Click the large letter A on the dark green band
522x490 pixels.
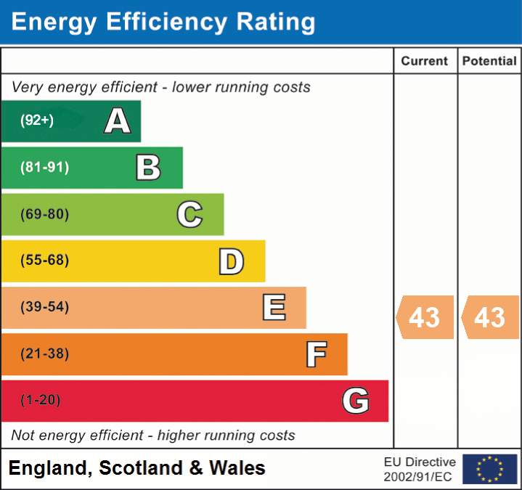click(118, 121)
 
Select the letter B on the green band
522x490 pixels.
click(148, 168)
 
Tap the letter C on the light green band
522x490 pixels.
click(189, 214)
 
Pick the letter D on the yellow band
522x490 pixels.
click(231, 261)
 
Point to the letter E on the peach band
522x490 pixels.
click(273, 308)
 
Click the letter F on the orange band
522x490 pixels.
click(315, 354)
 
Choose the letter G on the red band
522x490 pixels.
click(356, 401)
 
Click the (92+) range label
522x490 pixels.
click(37, 121)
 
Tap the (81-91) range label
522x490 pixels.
click(45, 168)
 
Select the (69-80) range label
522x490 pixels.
click(45, 214)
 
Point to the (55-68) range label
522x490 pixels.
click(45, 261)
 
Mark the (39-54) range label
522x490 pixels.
click(45, 307)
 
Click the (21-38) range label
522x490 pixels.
click(45, 354)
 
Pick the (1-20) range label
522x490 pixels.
click(41, 401)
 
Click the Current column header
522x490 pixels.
click(425, 62)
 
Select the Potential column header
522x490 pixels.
click(489, 62)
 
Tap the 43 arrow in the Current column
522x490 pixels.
click(425, 317)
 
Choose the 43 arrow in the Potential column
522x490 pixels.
click(490, 317)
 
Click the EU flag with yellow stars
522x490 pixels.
click(489, 469)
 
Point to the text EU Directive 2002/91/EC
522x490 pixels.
click(420, 469)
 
